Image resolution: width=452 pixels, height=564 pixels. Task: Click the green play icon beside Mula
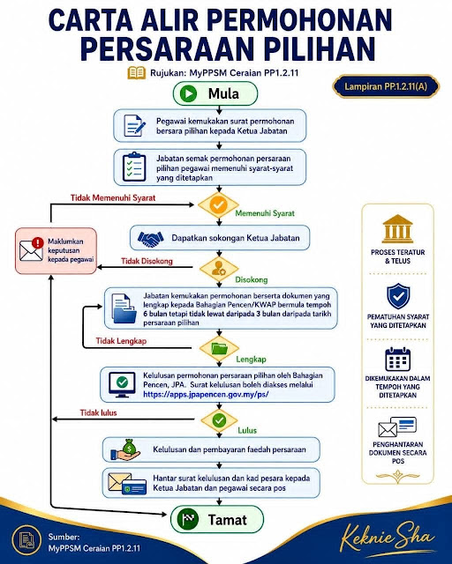188,94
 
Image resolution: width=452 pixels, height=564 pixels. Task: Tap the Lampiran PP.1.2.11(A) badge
386,86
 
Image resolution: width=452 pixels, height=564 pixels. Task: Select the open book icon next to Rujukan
137,72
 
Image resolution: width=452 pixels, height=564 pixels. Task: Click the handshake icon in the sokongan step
151,238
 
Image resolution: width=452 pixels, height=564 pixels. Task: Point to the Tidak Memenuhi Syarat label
113,197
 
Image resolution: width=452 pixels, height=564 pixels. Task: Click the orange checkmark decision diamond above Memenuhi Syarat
218,205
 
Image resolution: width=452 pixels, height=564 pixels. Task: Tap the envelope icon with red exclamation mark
32,249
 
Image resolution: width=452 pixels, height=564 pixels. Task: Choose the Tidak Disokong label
147,261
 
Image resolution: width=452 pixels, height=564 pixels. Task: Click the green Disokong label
252,280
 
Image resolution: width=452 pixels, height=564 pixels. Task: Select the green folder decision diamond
219,348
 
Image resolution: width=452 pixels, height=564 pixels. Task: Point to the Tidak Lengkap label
121,341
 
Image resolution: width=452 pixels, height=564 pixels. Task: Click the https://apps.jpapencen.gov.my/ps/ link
206,394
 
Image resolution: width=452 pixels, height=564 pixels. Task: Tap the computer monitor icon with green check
122,384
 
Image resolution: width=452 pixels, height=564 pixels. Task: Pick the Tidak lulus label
98,412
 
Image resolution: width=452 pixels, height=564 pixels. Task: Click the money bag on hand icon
125,449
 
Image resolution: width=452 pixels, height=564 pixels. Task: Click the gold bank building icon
397,229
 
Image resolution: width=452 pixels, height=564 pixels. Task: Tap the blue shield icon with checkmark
398,296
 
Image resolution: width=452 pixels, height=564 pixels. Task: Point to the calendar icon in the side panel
397,359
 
